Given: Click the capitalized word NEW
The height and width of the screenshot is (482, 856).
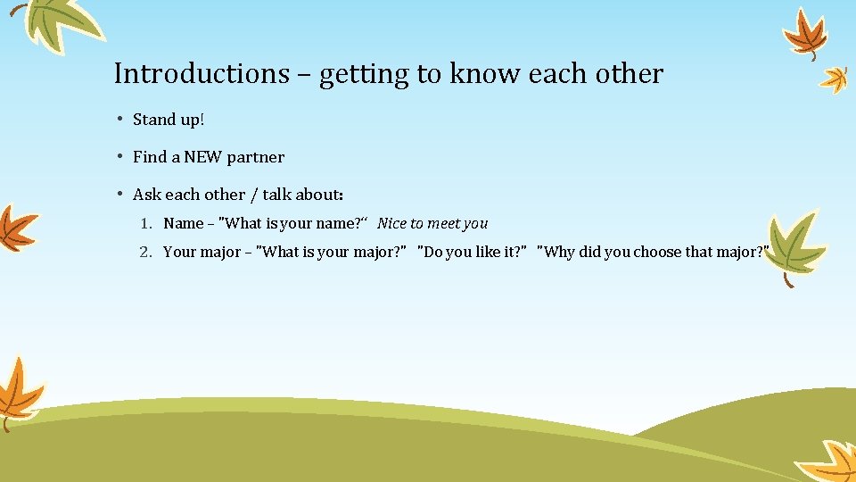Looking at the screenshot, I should point(203,157).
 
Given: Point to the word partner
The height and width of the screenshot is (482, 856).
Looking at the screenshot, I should point(256,158).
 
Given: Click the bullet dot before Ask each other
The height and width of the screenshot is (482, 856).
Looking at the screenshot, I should point(119,195).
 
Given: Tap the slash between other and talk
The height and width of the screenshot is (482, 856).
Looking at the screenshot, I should point(253,195).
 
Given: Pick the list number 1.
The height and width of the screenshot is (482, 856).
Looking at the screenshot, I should point(145,224).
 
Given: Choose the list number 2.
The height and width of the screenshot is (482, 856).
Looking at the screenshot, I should point(145,253).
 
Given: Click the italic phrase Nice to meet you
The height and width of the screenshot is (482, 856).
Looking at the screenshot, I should point(432,224).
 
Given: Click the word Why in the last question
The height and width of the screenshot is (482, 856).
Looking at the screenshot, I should point(559,253).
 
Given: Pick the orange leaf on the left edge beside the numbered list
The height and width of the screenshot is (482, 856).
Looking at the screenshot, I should point(16,227).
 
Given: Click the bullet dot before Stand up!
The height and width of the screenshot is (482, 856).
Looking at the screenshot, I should point(119,120).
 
